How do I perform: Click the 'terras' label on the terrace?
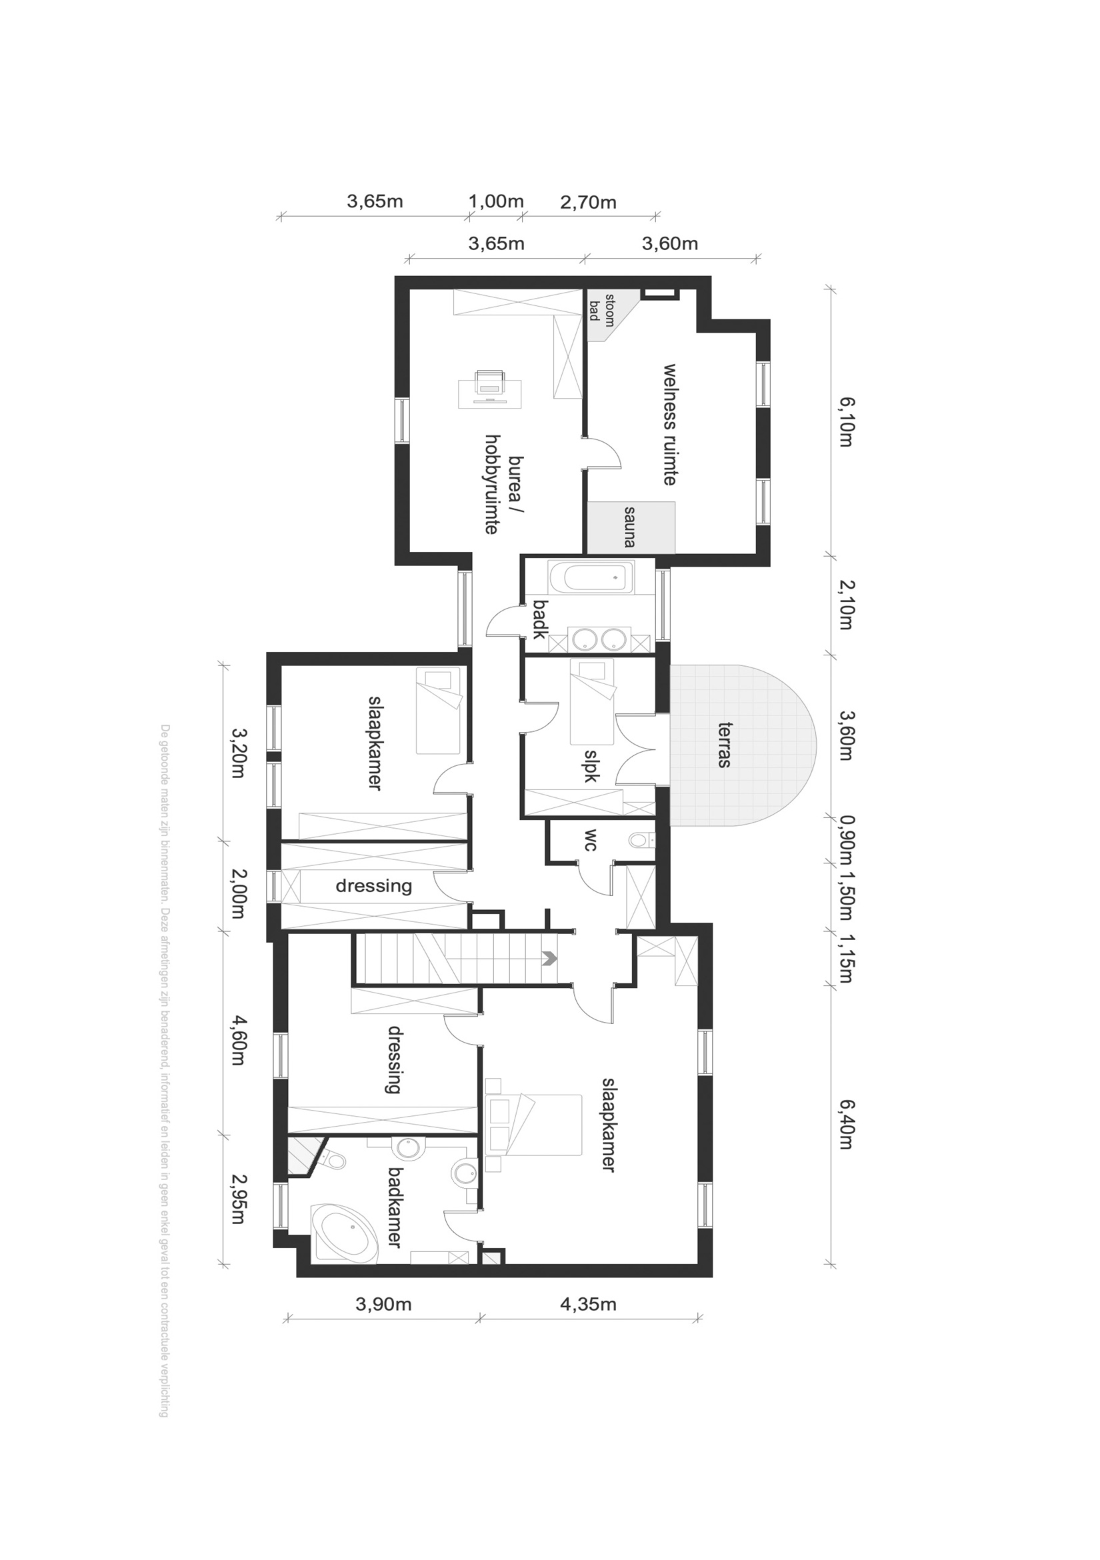coord(724,745)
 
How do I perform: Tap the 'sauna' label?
coord(630,527)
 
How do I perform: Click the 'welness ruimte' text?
coord(670,425)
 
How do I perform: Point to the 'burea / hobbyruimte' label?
coord(503,485)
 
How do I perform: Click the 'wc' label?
coord(591,841)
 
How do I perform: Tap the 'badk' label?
coord(539,619)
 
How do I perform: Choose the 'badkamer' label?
coord(395,1208)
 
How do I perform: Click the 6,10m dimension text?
coord(845,422)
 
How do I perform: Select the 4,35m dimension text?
coord(589,1305)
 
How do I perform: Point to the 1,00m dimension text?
coord(496,201)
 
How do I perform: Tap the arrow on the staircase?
coord(549,959)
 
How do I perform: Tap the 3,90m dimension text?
coord(384,1305)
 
